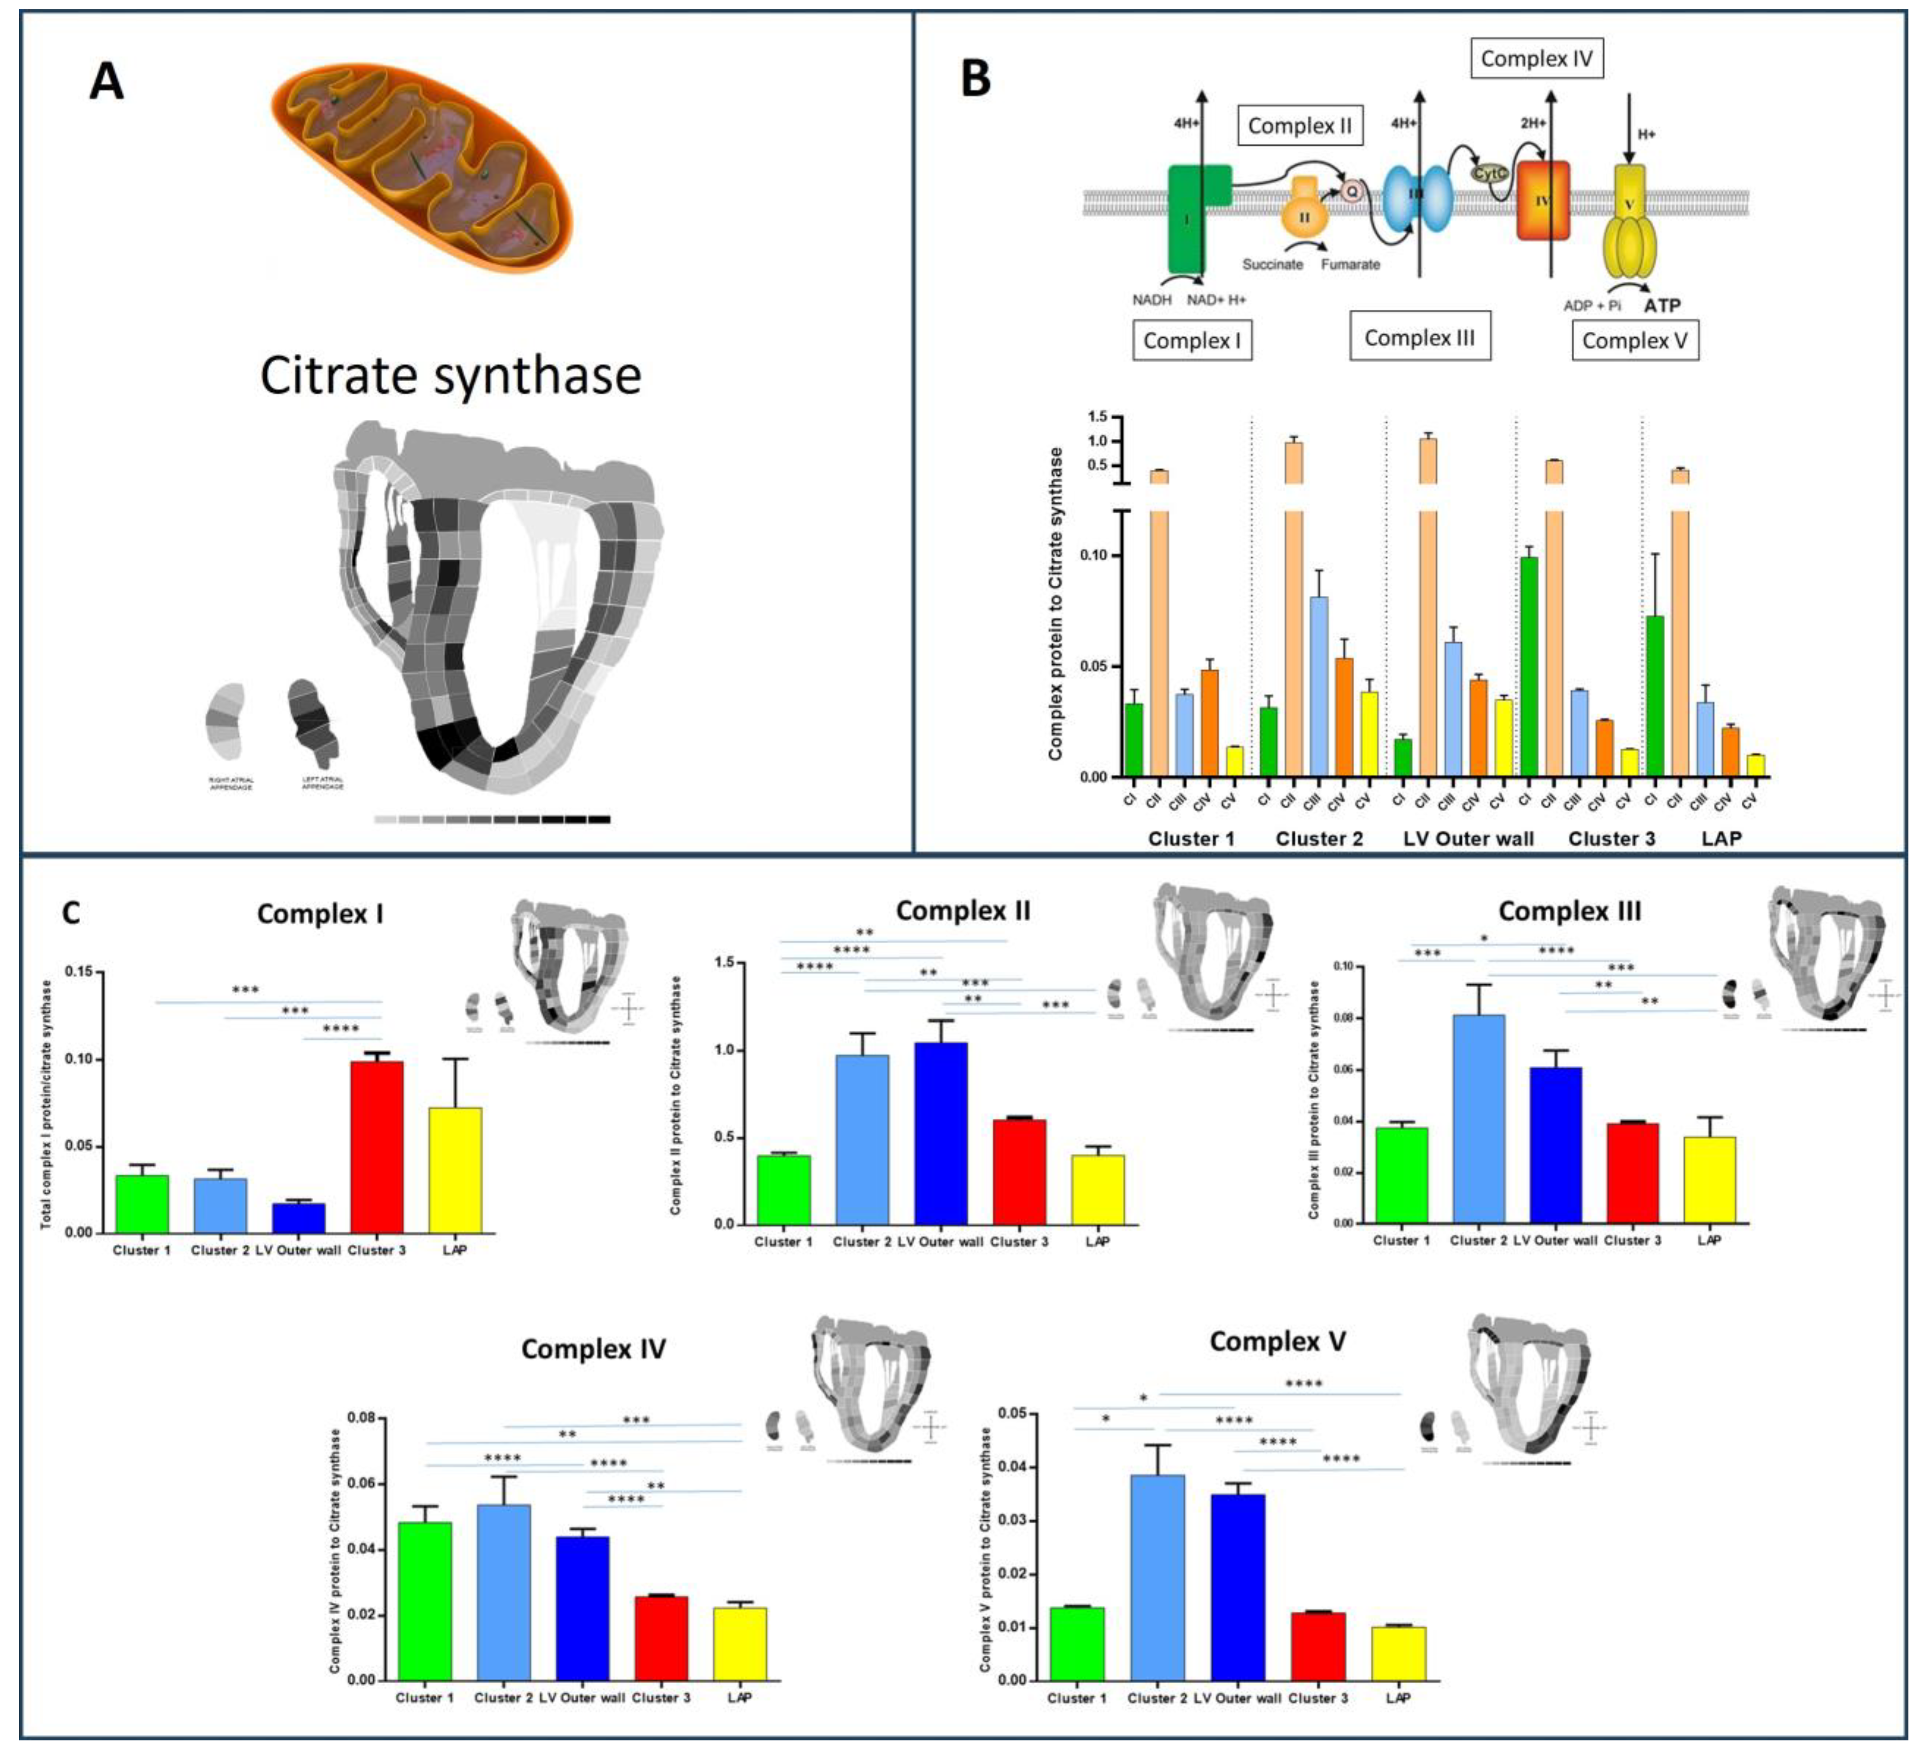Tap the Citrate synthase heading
click(x=450, y=375)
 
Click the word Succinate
click(x=1272, y=264)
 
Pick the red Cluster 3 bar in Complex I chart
click(x=376, y=1147)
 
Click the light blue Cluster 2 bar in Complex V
click(x=1157, y=1577)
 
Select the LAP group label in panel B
click(x=1722, y=839)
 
